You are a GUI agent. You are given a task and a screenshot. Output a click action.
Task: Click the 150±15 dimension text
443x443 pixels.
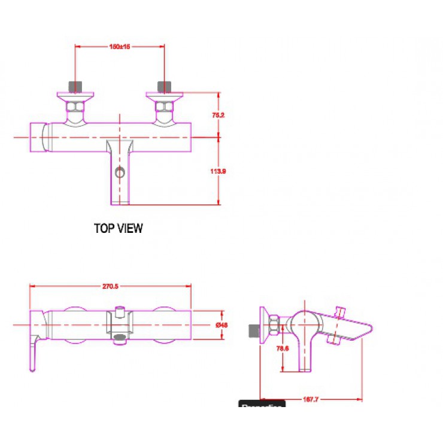click(x=120, y=46)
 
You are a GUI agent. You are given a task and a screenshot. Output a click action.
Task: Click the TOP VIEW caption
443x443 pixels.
click(x=119, y=228)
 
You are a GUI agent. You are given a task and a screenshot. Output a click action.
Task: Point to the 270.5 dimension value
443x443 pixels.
click(x=110, y=286)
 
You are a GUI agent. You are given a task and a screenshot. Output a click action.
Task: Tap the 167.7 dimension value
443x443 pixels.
click(x=310, y=399)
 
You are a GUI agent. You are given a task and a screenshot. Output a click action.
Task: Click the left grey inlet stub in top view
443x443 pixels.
click(x=75, y=86)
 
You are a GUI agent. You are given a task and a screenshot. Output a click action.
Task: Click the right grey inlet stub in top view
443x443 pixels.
click(x=164, y=86)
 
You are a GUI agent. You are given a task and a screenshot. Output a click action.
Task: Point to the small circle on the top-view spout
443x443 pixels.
click(x=120, y=174)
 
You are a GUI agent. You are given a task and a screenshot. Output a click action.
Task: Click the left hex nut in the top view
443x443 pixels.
click(x=75, y=107)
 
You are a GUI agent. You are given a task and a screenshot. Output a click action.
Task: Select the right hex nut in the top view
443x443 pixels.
click(x=163, y=107)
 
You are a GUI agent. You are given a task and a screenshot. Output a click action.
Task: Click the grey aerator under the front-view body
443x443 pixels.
click(x=120, y=344)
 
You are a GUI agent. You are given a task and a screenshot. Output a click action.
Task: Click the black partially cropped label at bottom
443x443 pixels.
click(x=262, y=405)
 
